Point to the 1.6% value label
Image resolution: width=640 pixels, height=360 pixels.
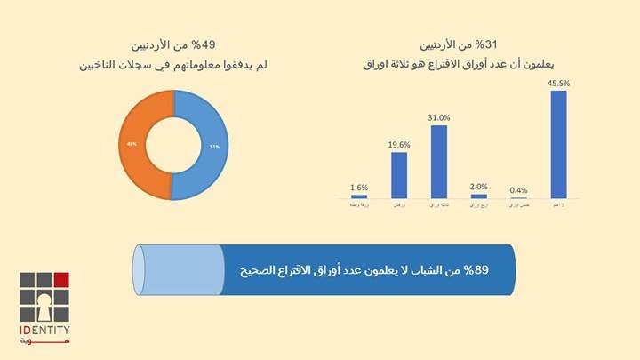(x=359, y=188)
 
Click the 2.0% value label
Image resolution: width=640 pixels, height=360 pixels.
(x=479, y=187)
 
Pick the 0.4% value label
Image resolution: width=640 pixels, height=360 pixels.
(x=518, y=190)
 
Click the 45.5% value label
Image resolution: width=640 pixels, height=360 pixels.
(x=559, y=84)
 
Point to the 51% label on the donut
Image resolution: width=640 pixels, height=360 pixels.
(x=214, y=146)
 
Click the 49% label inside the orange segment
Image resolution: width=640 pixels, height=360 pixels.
(x=132, y=144)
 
